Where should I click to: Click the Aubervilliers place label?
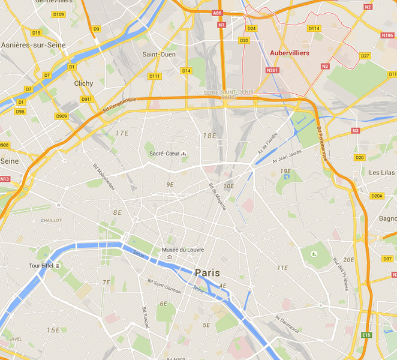289,53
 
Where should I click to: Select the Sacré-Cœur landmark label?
165,153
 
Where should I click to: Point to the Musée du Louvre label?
183,250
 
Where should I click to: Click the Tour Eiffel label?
42,266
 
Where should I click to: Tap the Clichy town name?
83,83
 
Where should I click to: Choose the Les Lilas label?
381,172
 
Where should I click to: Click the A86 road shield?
217,12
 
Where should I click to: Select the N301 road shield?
272,70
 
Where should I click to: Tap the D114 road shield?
314,28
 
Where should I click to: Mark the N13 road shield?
5,179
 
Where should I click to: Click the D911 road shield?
87,99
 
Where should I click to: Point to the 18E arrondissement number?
209,136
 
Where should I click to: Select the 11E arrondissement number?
282,267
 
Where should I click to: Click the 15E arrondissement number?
53,330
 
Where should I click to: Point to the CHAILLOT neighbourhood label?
51,220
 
